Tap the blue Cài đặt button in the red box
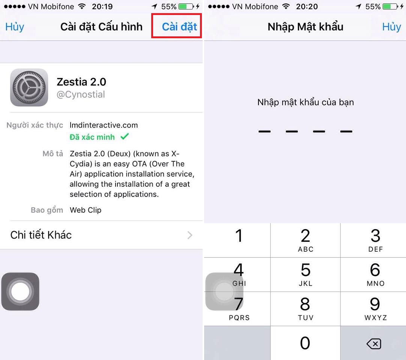[179, 27]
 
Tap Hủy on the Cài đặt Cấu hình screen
[15, 27]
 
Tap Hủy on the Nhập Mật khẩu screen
[391, 27]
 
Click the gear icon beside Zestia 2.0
[29, 87]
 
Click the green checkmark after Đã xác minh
[125, 136]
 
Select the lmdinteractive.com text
[104, 125]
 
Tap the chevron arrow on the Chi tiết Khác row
[190, 235]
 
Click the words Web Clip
[86, 210]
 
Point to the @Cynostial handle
[81, 94]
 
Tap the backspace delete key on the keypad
[374, 344]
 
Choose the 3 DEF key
[375, 240]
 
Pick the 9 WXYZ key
[375, 309]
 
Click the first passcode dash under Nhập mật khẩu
[265, 132]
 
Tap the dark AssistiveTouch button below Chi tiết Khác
[20, 291]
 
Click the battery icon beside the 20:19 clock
[186, 6]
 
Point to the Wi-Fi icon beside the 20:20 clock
[286, 6]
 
